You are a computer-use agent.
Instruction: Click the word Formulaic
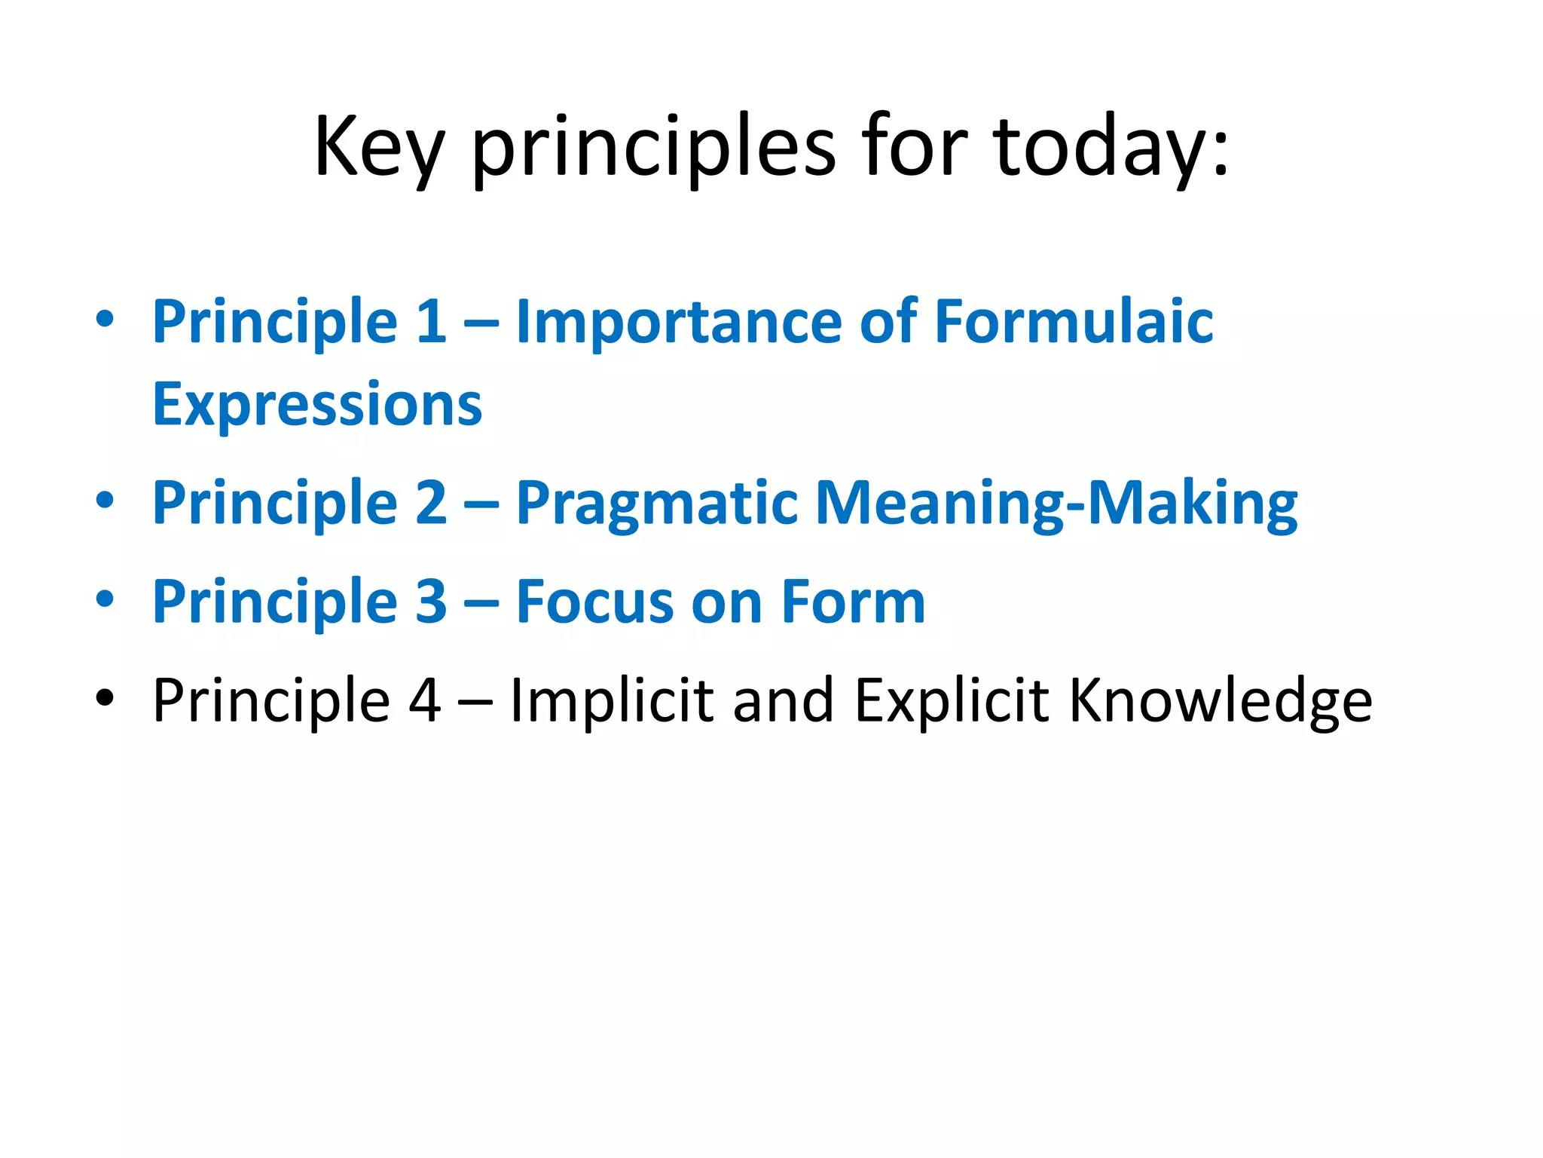(1074, 322)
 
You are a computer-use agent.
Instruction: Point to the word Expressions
(317, 406)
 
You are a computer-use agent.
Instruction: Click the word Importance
(678, 322)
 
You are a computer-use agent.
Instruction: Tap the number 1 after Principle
(431, 322)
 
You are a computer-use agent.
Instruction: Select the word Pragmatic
(656, 504)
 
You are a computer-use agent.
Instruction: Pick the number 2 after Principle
(431, 504)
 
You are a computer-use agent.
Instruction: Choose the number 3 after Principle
(431, 602)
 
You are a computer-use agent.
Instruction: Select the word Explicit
(952, 701)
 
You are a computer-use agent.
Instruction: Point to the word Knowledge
(1221, 701)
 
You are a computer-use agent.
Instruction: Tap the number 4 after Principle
(424, 701)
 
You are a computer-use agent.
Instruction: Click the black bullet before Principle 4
(105, 699)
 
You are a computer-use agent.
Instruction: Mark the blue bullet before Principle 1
(105, 319)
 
